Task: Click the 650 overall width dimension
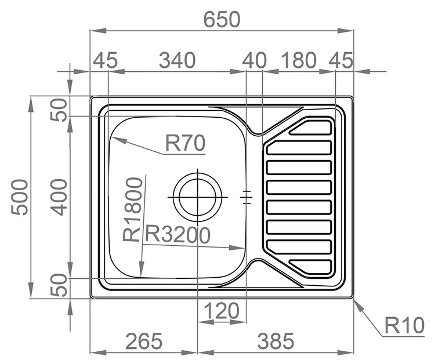coord(222,19)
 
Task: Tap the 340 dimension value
coord(177,60)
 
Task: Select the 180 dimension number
coord(298,60)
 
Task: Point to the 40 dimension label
coord(254,60)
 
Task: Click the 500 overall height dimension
coord(20,197)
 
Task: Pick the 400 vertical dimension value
coord(59,197)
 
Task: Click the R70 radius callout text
coord(185,143)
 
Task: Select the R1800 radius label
coord(133,209)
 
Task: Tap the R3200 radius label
coord(178,234)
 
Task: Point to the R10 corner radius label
coord(404,325)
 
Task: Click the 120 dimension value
coord(222,311)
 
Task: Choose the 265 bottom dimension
coord(144,341)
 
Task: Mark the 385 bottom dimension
coord(275,341)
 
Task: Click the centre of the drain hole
coord(198,197)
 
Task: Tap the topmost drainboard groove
coord(310,128)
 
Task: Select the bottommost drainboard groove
coord(310,267)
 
